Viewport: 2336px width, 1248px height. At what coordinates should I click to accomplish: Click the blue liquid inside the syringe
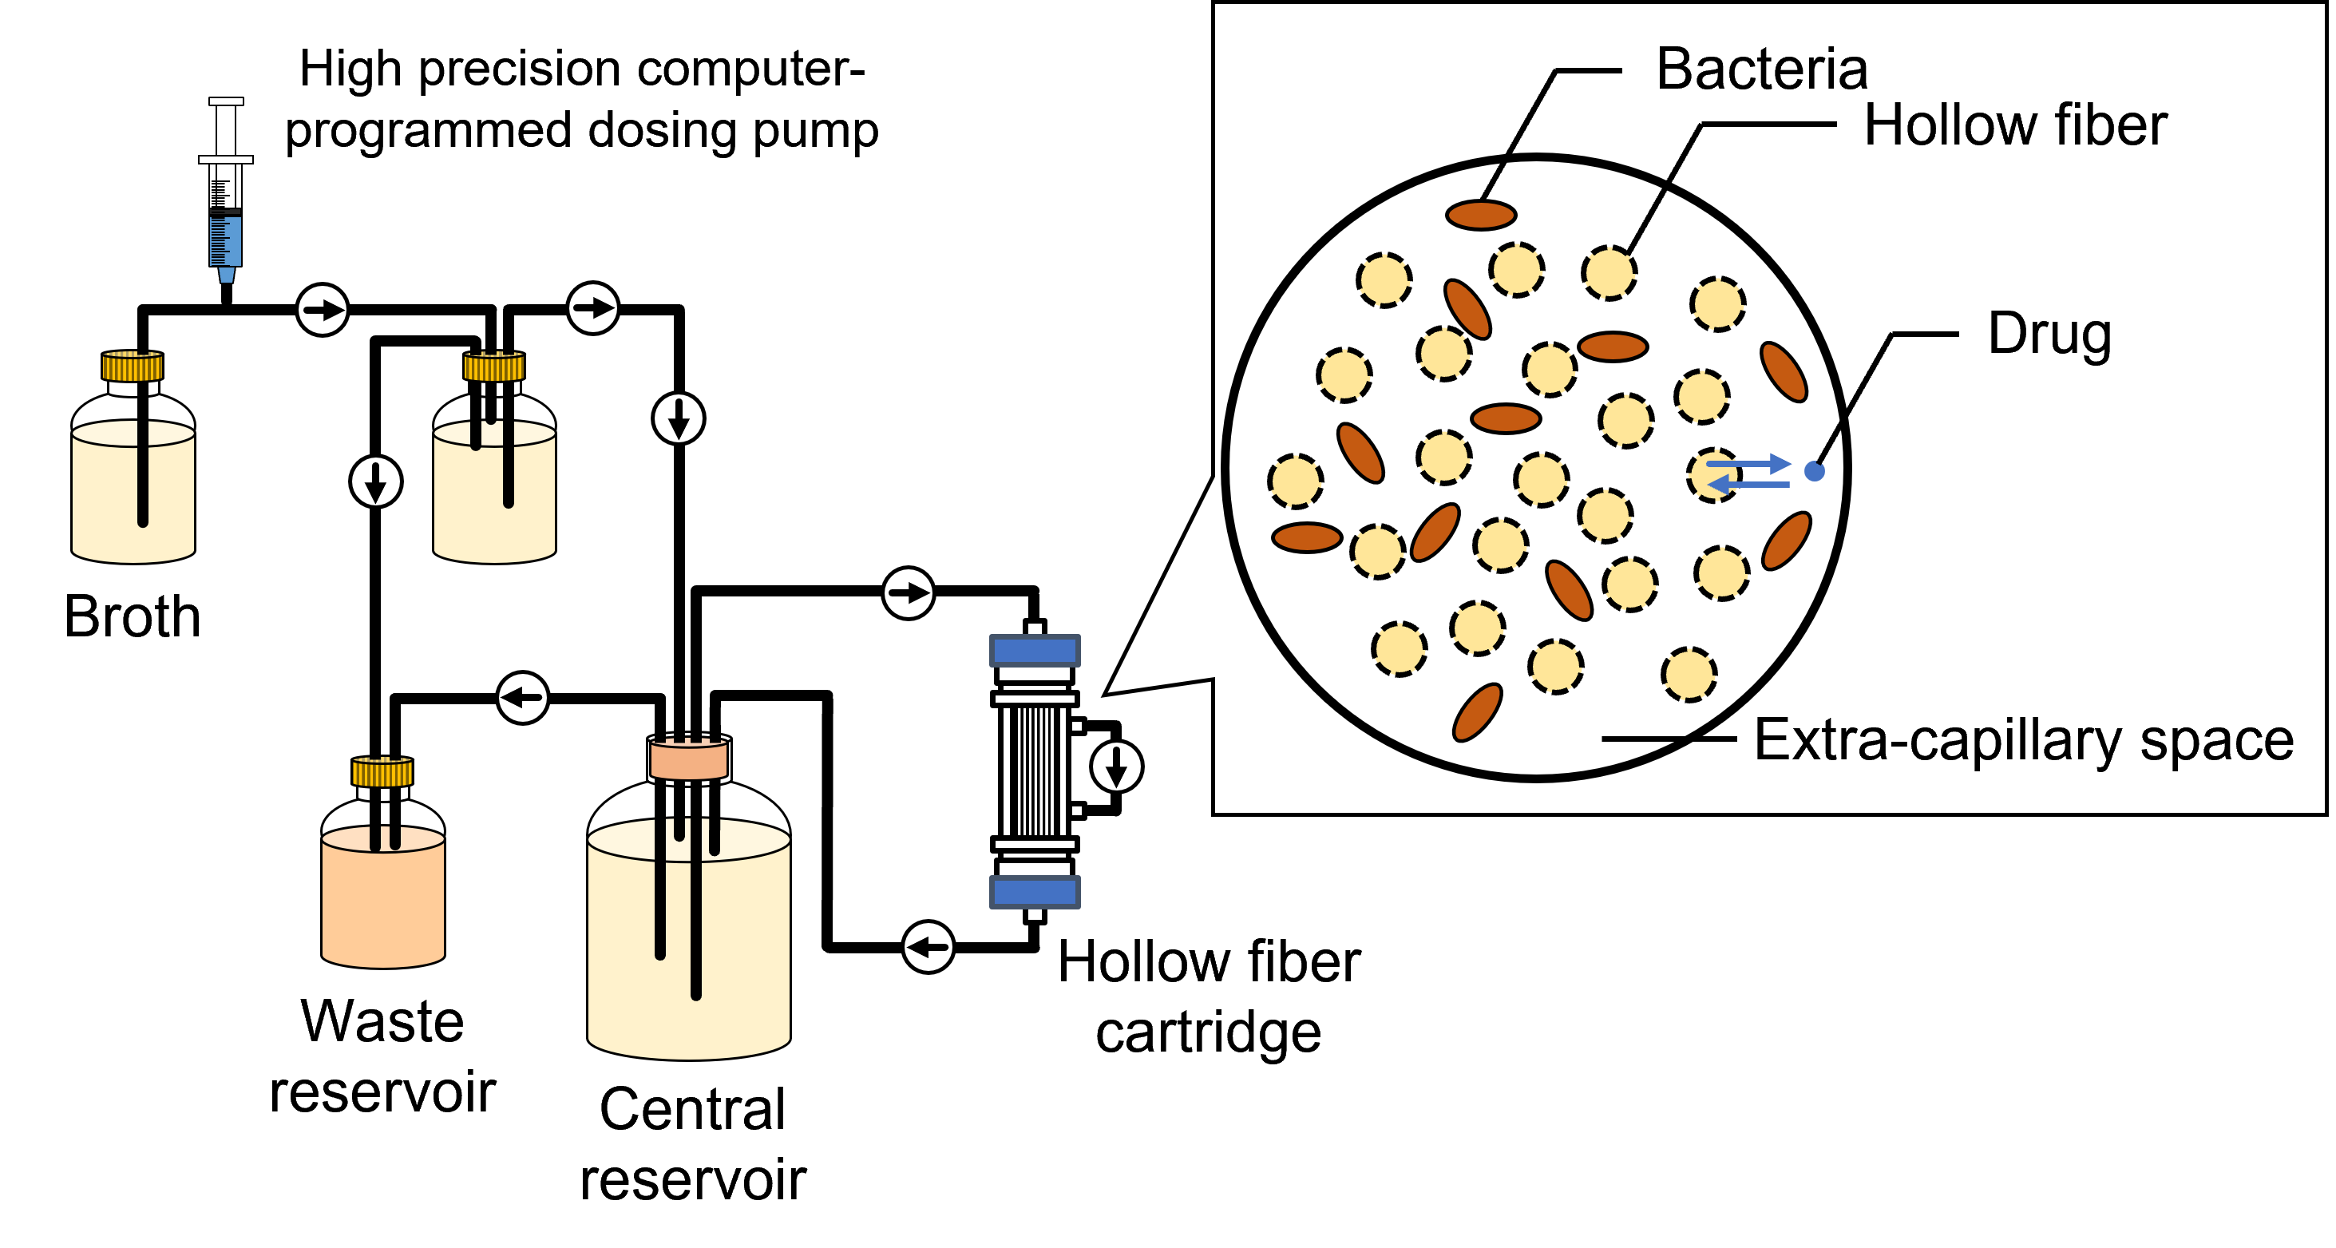tap(226, 240)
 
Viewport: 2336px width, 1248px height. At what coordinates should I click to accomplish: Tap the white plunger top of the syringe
tap(226, 101)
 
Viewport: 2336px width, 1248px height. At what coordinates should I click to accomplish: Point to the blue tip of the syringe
tap(226, 275)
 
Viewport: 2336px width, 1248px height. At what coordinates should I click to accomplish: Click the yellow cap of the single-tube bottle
tap(133, 367)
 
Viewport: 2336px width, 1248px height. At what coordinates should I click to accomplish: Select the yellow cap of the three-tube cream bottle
tap(494, 367)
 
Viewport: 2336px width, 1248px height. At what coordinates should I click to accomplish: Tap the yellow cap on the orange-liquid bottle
tap(382, 773)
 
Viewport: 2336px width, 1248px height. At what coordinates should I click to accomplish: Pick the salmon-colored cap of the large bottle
tap(688, 760)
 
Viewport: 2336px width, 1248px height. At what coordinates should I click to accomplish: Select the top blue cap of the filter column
tap(1035, 650)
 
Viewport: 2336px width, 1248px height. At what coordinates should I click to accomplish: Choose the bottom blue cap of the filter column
tap(1035, 893)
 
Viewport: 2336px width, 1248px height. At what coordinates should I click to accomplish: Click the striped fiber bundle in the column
tap(1035, 771)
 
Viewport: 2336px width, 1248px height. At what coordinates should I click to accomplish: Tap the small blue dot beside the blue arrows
tap(1814, 471)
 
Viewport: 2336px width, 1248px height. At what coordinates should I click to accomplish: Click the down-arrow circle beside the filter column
tap(1116, 767)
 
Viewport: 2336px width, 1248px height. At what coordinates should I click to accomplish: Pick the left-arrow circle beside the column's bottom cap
tap(928, 947)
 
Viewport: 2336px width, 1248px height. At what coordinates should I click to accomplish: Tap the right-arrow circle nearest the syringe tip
tap(322, 310)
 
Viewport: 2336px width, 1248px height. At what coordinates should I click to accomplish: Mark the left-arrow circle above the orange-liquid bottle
tap(522, 698)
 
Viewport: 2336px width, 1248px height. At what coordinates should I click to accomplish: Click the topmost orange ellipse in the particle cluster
tap(1481, 215)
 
